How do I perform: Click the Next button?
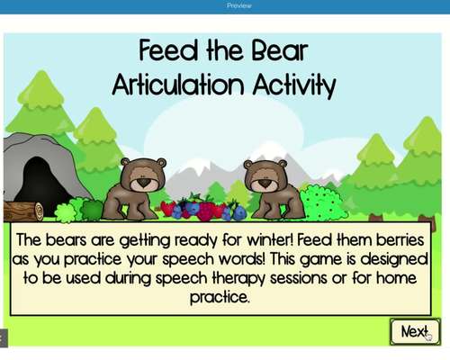click(414, 331)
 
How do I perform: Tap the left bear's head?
click(142, 173)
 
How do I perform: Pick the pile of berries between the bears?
click(203, 209)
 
